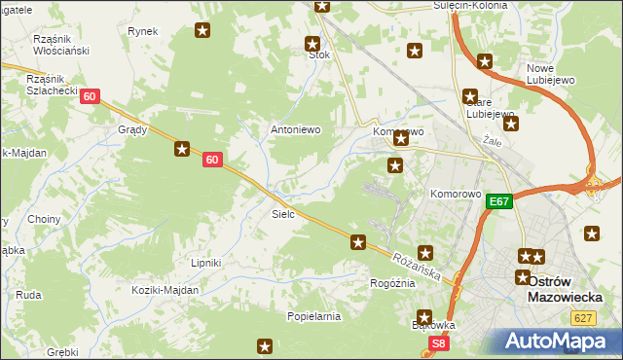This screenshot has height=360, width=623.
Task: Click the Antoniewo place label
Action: pos(295,129)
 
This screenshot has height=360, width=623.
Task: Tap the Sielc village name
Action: pos(282,213)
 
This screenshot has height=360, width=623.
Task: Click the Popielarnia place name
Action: pos(313,316)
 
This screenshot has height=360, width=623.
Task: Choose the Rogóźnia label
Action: pos(392,283)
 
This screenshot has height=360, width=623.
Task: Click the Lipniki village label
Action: pos(206,263)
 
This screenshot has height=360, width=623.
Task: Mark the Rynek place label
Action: pos(142,31)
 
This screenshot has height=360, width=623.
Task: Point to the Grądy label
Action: pos(132,129)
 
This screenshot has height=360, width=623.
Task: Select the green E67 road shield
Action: pos(499,201)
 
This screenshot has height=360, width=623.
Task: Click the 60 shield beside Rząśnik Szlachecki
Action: pos(90,96)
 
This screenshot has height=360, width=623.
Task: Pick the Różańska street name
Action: pos(419,264)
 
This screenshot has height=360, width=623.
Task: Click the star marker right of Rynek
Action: pos(202,31)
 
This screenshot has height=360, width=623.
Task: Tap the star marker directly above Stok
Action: pos(312,43)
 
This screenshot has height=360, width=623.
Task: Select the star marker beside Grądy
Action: pos(182,149)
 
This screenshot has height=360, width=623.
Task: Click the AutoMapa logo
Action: pos(558,342)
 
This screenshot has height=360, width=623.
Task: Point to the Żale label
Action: pos(492,141)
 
